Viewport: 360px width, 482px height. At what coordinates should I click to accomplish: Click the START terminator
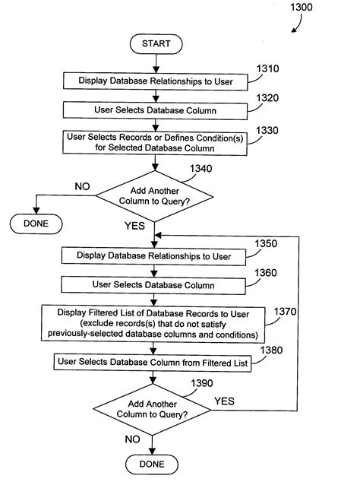point(156,44)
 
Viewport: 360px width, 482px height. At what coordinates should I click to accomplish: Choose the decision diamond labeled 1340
point(155,198)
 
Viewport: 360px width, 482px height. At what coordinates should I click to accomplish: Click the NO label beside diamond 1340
point(83,186)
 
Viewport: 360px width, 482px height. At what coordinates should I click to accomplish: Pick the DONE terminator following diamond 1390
point(152,464)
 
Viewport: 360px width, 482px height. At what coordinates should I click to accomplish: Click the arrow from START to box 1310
point(155,63)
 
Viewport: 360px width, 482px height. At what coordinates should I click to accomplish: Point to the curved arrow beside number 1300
point(295,28)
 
